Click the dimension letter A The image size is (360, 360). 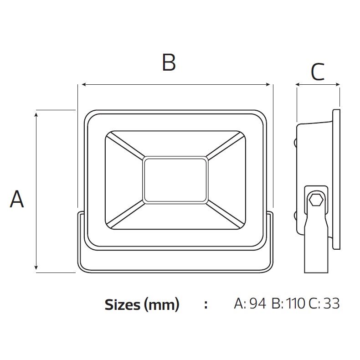[x=17, y=199]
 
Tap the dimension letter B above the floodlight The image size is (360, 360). [x=169, y=62]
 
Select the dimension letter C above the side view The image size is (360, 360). [x=318, y=72]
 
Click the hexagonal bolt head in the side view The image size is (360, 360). [x=316, y=200]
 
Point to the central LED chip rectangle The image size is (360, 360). [x=175, y=180]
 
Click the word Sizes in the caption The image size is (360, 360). [x=123, y=305]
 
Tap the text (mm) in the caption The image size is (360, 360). [x=162, y=305]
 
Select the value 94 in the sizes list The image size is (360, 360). [x=258, y=303]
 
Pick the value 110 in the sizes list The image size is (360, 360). [x=296, y=303]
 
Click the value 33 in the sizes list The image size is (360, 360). [x=332, y=303]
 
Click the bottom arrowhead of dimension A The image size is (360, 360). [x=36, y=267]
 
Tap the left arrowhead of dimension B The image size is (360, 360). [x=84, y=84]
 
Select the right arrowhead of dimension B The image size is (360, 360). [x=267, y=84]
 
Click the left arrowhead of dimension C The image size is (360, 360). [x=298, y=84]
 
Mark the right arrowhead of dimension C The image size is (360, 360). [x=338, y=84]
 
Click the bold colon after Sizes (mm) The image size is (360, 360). [x=206, y=304]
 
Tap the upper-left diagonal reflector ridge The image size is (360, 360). [x=126, y=146]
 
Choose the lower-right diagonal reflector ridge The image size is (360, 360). [x=225, y=214]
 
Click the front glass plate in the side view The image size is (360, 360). [x=336, y=179]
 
